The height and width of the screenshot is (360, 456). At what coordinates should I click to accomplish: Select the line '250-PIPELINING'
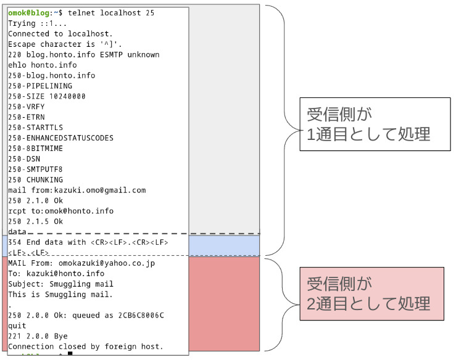point(40,86)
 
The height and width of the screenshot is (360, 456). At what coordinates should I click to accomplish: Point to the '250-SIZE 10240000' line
point(47,96)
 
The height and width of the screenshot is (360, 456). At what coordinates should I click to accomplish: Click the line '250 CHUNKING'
point(36,180)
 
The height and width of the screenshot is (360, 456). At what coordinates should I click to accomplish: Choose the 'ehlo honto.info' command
point(43,65)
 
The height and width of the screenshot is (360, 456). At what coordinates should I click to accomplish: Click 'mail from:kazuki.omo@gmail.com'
point(77,190)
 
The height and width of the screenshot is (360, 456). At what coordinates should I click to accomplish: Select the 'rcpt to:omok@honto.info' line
point(61,211)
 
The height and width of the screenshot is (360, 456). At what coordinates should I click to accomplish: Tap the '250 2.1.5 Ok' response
point(36,221)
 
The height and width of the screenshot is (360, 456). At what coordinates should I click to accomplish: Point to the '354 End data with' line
point(88,242)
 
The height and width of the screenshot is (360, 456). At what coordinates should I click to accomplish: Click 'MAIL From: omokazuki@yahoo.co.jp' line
point(81,263)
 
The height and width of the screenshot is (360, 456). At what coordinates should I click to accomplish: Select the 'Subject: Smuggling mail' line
point(61,284)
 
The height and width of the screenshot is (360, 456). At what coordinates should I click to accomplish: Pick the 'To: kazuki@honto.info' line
point(56,274)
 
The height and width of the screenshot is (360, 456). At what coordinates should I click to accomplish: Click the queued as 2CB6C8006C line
point(86,316)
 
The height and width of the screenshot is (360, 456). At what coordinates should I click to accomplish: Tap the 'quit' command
point(17,326)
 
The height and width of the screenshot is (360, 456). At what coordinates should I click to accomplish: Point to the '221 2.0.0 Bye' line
point(38,337)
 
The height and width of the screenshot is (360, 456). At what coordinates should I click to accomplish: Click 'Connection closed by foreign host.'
point(86,347)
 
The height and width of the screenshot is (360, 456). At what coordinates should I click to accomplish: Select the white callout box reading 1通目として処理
point(375,124)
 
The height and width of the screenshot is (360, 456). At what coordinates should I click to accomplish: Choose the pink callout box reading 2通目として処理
point(371,293)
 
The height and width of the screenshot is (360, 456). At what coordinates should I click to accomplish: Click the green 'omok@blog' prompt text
point(28,13)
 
